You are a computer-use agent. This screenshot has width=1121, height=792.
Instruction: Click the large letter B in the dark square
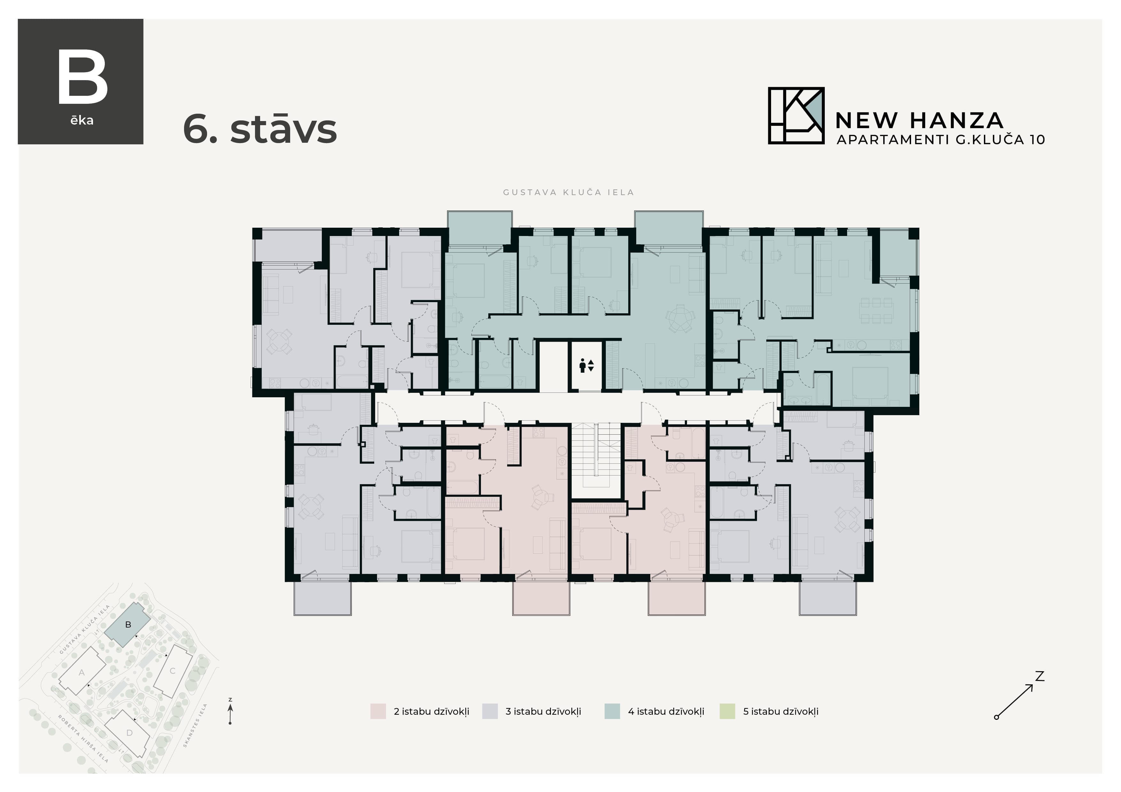[x=82, y=78]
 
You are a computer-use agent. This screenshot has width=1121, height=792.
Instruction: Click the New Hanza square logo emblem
[x=796, y=116]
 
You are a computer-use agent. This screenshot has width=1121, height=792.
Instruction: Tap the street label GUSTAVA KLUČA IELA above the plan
[x=568, y=192]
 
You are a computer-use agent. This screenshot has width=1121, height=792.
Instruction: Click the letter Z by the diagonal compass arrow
[x=1040, y=676]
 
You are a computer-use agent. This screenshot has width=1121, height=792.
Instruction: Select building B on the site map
[x=128, y=625]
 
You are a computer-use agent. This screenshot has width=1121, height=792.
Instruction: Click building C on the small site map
[x=172, y=671]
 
